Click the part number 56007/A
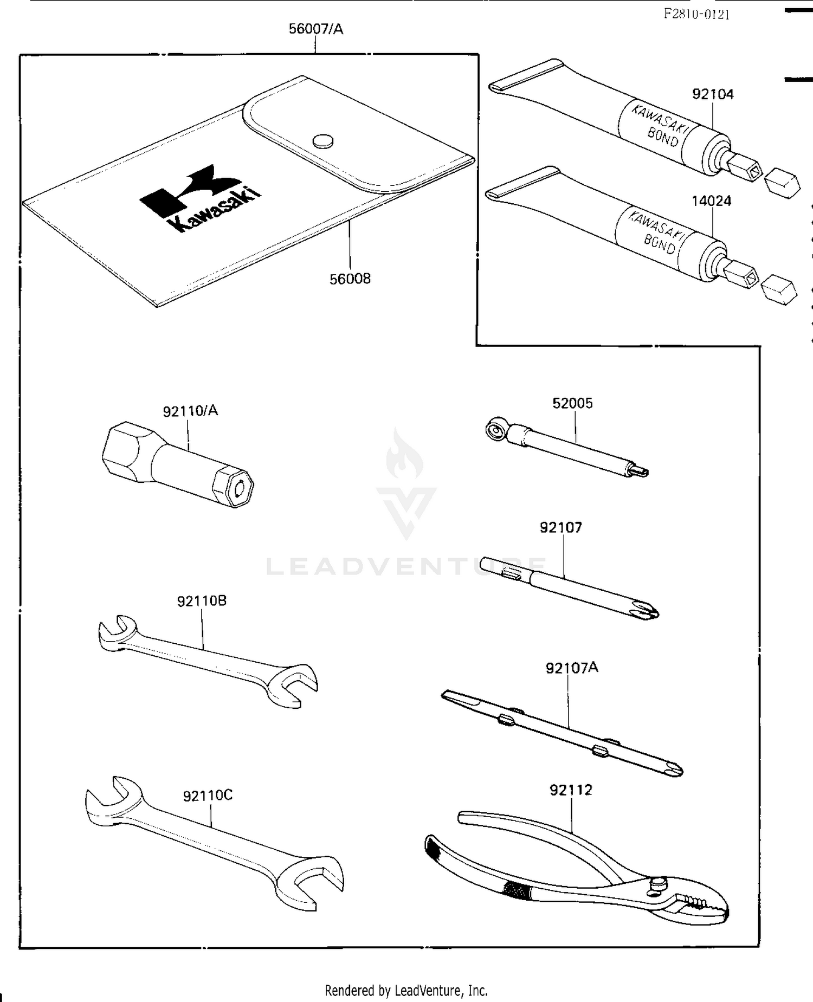(x=315, y=29)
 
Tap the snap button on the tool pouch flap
(x=324, y=141)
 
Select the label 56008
(x=350, y=279)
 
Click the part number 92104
(x=713, y=94)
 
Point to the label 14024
(x=711, y=201)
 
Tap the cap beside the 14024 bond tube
(x=779, y=288)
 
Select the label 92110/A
(x=190, y=411)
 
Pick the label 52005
(x=572, y=403)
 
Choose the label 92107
(x=560, y=527)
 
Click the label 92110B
(x=202, y=601)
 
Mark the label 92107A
(x=572, y=668)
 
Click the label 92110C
(x=208, y=796)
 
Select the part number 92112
(x=571, y=790)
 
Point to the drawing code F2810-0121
(x=696, y=14)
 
